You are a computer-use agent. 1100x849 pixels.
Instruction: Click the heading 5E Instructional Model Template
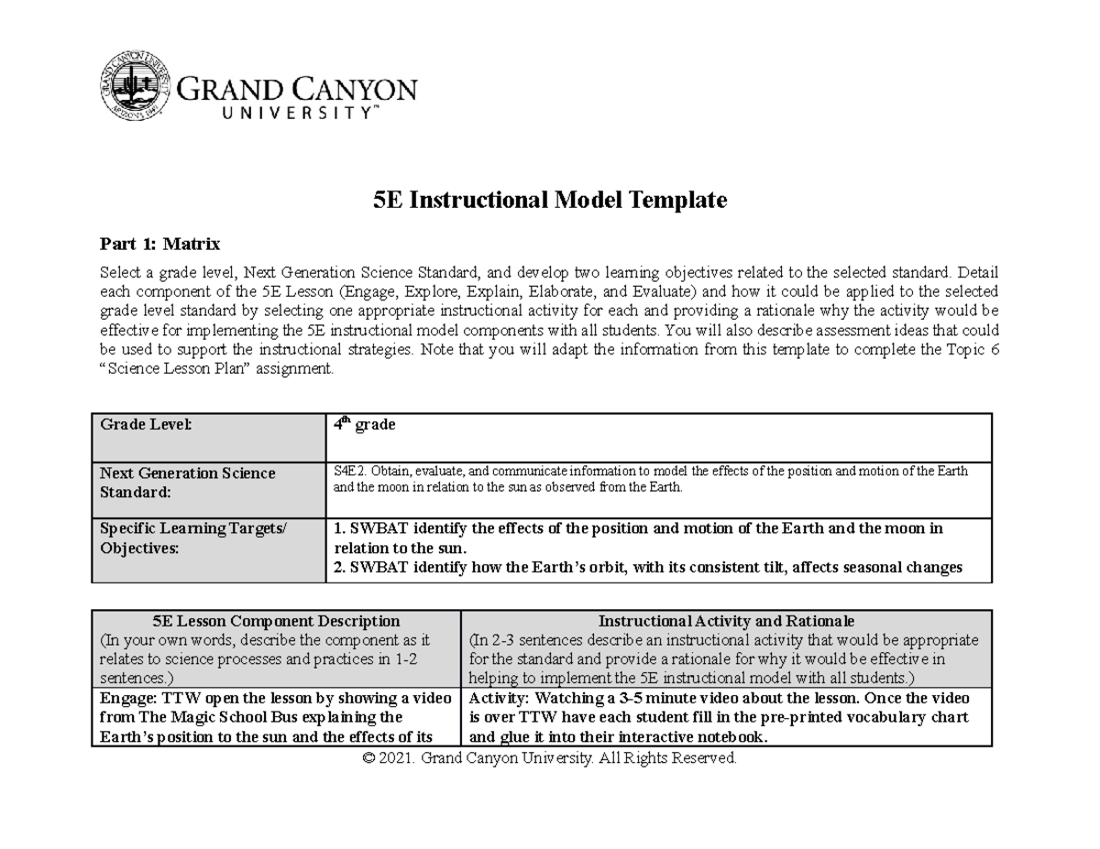(550, 200)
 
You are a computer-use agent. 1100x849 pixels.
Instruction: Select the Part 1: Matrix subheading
(159, 244)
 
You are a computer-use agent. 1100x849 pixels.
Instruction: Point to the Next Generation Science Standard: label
(187, 482)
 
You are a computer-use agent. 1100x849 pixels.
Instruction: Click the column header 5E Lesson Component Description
(276, 621)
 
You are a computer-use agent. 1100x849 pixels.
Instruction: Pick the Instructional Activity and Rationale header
(726, 621)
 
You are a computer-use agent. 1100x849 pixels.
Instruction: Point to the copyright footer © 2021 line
(550, 758)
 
